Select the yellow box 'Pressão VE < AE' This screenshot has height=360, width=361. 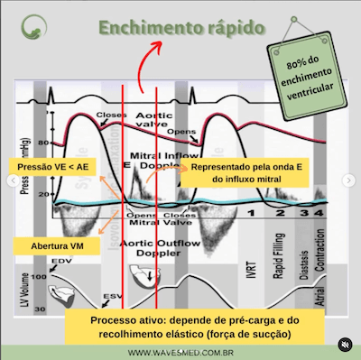pos(52,167)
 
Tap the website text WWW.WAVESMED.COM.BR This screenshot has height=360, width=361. pos(181,352)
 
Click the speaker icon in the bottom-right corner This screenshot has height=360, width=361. pos(344,344)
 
